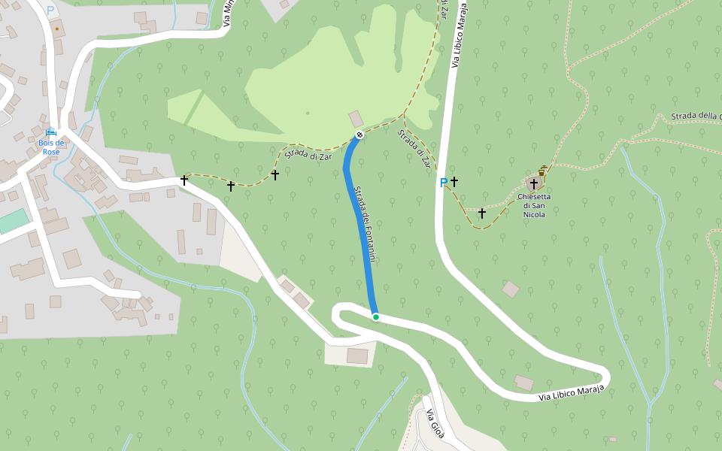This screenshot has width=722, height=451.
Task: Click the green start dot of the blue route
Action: click(x=375, y=317)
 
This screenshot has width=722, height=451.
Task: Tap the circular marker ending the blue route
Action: click(x=359, y=135)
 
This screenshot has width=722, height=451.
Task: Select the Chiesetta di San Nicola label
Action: click(x=534, y=205)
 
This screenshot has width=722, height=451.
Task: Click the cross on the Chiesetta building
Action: click(x=534, y=183)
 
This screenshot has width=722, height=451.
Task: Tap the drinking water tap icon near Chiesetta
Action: click(x=541, y=171)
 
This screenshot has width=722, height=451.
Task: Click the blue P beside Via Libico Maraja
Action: click(x=443, y=183)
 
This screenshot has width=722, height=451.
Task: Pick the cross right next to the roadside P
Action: click(x=454, y=181)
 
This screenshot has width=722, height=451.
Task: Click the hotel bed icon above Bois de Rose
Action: click(x=51, y=132)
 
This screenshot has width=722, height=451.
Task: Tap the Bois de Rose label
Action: click(x=51, y=147)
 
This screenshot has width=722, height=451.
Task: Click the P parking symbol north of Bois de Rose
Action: click(x=50, y=11)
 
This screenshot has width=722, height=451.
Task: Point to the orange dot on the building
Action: click(x=56, y=29)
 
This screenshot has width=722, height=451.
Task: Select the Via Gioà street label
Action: click(x=435, y=425)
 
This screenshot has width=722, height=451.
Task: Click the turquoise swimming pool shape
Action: click(x=13, y=221)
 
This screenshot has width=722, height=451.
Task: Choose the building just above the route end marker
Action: click(x=355, y=119)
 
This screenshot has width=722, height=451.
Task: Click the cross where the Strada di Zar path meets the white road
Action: click(x=184, y=180)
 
